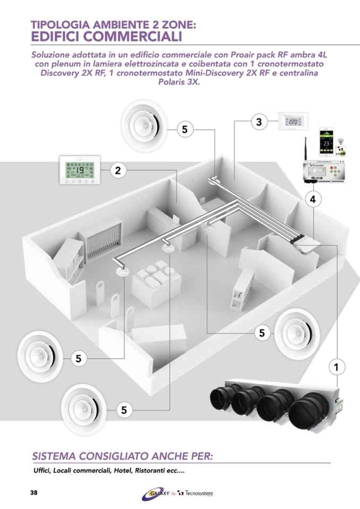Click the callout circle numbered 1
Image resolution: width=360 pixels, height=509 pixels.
coord(336,366)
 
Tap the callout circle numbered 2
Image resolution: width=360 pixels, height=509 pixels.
coord(118,170)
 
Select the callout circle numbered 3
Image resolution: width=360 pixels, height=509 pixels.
coord(259,122)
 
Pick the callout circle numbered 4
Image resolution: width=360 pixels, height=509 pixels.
coord(313,200)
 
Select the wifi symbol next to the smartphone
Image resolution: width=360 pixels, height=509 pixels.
coord(340,135)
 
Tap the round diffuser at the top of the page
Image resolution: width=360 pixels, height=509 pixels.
coord(143,126)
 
